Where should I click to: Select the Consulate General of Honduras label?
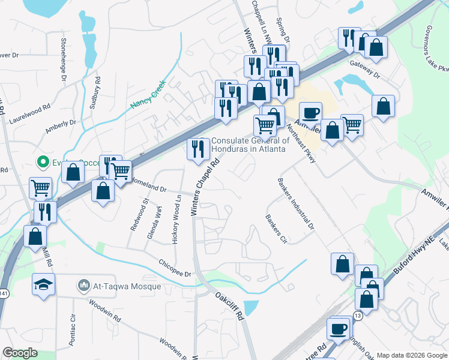point(250,145)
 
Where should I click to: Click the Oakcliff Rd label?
point(230,307)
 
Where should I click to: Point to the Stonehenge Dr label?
point(63,59)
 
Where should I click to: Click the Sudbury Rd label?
point(95,92)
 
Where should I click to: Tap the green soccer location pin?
point(43,161)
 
